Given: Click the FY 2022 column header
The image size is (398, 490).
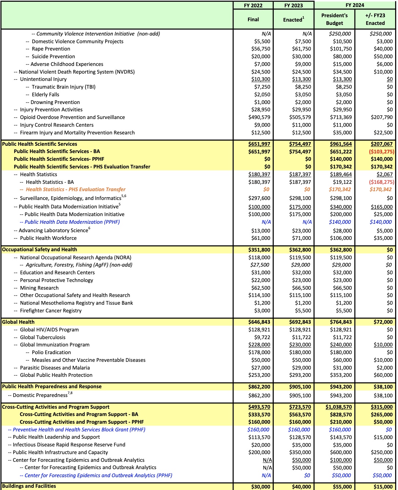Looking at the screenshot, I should pyautogui.click(x=253, y=5).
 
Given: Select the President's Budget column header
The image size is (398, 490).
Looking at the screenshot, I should pyautogui.click(x=334, y=19).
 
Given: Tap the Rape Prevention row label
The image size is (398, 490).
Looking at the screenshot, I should pyautogui.click(x=51, y=49).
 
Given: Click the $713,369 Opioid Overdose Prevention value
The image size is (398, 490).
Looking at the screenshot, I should pyautogui.click(x=340, y=118).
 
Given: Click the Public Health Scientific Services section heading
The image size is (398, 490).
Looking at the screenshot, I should pyautogui.click(x=40, y=144).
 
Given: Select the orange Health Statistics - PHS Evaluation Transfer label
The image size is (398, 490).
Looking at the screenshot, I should pyautogui.click(x=75, y=190).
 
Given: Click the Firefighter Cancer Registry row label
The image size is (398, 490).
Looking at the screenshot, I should pyautogui.click(x=51, y=311).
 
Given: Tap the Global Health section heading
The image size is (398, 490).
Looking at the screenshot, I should pyautogui.click(x=18, y=322).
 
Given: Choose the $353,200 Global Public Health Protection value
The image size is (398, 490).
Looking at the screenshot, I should pyautogui.click(x=340, y=375).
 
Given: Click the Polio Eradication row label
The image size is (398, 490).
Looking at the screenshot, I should pyautogui.click(x=51, y=353).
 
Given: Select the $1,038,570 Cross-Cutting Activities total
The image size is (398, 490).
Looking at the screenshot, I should pyautogui.click(x=339, y=407).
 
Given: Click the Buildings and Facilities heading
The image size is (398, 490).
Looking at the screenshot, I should pyautogui.click(x=29, y=486).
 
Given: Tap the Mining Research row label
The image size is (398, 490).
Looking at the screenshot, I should pyautogui.click(x=39, y=288).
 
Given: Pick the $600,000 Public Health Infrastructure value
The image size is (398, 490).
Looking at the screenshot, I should pyautogui.click(x=340, y=453).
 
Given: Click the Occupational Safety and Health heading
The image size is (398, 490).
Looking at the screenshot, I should pyautogui.click(x=40, y=250).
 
